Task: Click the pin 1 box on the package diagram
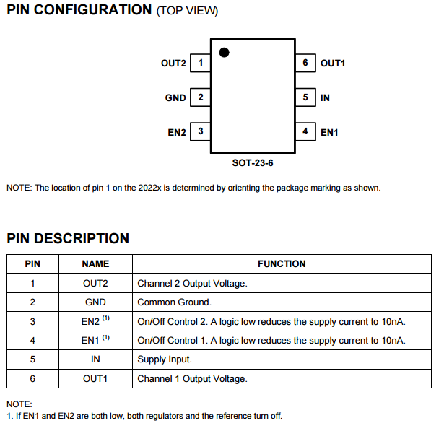coord(200,64)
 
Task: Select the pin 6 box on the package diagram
coord(305,64)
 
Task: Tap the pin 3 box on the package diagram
coord(200,131)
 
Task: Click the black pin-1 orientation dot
coord(225,52)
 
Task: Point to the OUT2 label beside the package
coord(173,64)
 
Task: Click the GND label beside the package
coord(175,97)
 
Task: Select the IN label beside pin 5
coord(325,97)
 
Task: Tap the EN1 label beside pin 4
coord(329,132)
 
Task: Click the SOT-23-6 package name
coord(253,162)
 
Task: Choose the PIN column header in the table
coord(32,264)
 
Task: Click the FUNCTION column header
coord(282,264)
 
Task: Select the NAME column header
coord(95,264)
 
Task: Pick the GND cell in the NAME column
coord(95,302)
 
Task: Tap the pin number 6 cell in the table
coord(32,378)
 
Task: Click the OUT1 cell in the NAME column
coord(95,378)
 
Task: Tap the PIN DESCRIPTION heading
coord(68,238)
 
